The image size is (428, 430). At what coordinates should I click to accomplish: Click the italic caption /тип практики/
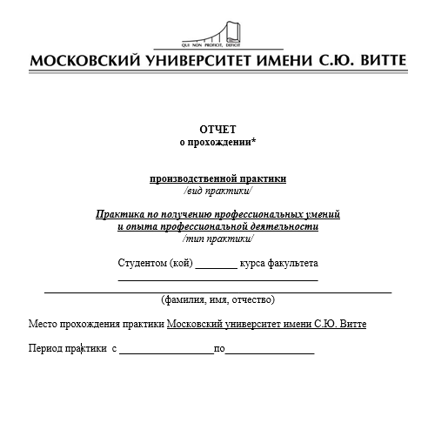click(x=217, y=238)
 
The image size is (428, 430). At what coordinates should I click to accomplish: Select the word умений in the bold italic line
click(x=322, y=214)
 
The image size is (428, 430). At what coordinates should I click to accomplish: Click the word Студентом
click(x=142, y=263)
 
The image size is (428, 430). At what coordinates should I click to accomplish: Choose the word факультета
click(x=291, y=263)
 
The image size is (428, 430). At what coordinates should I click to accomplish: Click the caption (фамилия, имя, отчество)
click(x=217, y=299)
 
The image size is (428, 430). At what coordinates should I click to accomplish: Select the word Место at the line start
click(x=43, y=324)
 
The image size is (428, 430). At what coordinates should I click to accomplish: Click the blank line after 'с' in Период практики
click(x=166, y=351)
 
